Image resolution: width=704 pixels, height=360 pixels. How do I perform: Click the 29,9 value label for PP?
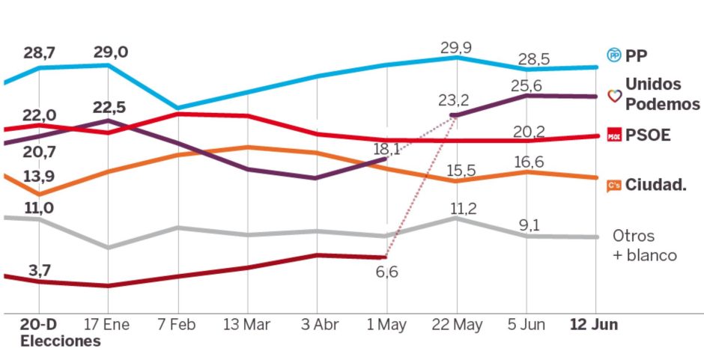click(455, 49)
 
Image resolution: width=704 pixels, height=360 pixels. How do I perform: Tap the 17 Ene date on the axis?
click(108, 326)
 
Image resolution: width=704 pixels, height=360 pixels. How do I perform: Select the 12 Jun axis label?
click(594, 326)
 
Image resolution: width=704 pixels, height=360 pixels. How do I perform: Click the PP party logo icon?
click(613, 55)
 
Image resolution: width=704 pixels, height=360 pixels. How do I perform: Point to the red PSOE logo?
click(613, 135)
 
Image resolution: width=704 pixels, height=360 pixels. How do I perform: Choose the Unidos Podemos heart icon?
click(613, 96)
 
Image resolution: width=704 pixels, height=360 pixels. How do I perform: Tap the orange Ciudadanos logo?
click(613, 185)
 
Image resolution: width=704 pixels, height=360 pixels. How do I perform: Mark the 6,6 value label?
click(387, 272)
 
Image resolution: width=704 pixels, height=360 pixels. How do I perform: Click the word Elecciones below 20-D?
click(60, 341)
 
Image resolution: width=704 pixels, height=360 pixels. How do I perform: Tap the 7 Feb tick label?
click(178, 326)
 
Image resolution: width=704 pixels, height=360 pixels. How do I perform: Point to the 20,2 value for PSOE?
click(529, 132)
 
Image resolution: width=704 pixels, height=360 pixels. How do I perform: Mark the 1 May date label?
click(386, 326)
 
